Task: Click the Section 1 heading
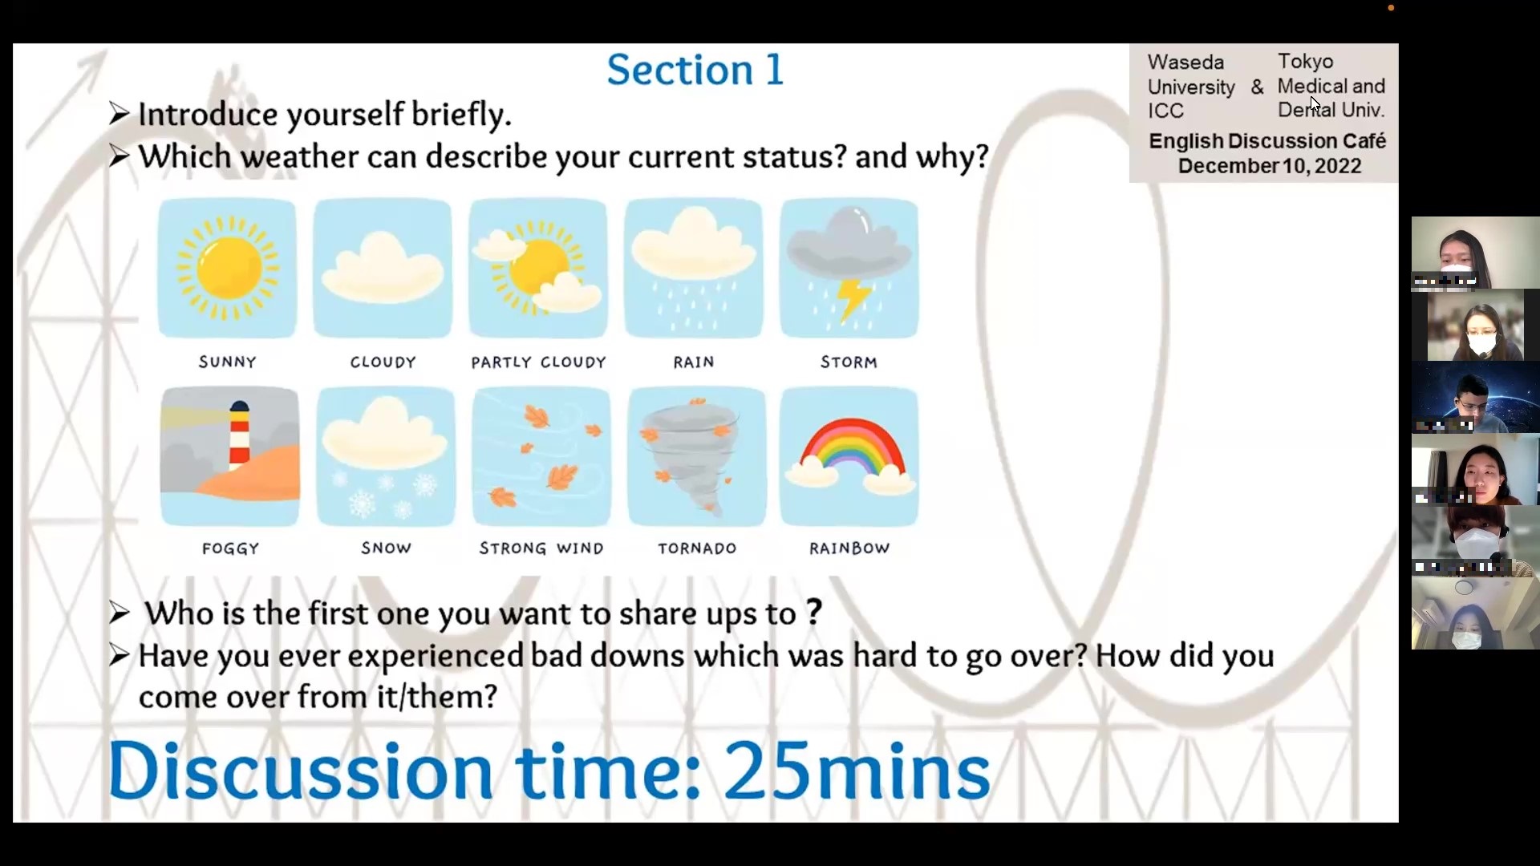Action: pos(695,70)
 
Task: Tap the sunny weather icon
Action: pos(227,268)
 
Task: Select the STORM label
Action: pos(849,362)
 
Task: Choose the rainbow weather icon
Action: pos(849,456)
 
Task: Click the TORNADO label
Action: pos(697,548)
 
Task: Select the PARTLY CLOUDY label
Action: pos(538,362)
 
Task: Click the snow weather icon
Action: pos(386,456)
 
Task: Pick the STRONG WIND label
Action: pos(541,548)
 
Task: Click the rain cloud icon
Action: pos(694,268)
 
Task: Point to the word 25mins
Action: pos(857,771)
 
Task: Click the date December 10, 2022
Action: pos(1270,166)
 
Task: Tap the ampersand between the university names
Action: pos(1257,87)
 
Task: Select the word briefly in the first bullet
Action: pos(461,115)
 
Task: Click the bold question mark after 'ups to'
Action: pos(814,613)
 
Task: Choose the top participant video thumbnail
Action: pos(1475,253)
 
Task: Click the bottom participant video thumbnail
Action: pos(1475,613)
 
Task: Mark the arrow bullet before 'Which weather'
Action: pos(119,156)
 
